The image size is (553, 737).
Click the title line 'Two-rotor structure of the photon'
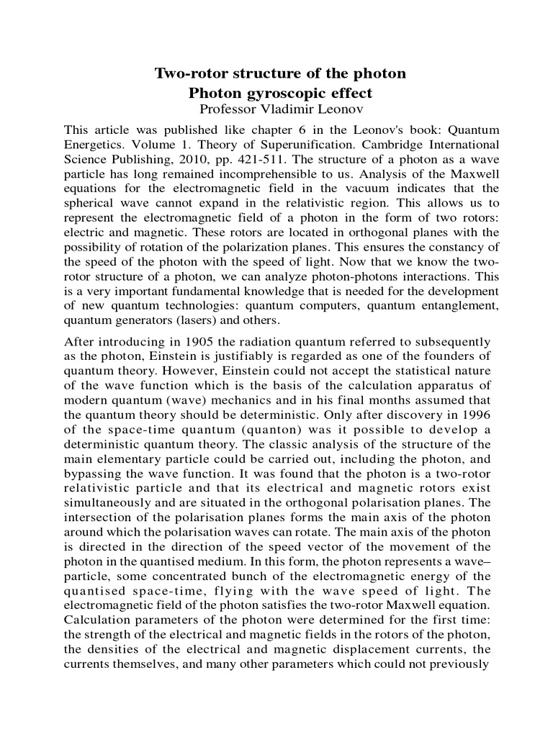click(x=281, y=73)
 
